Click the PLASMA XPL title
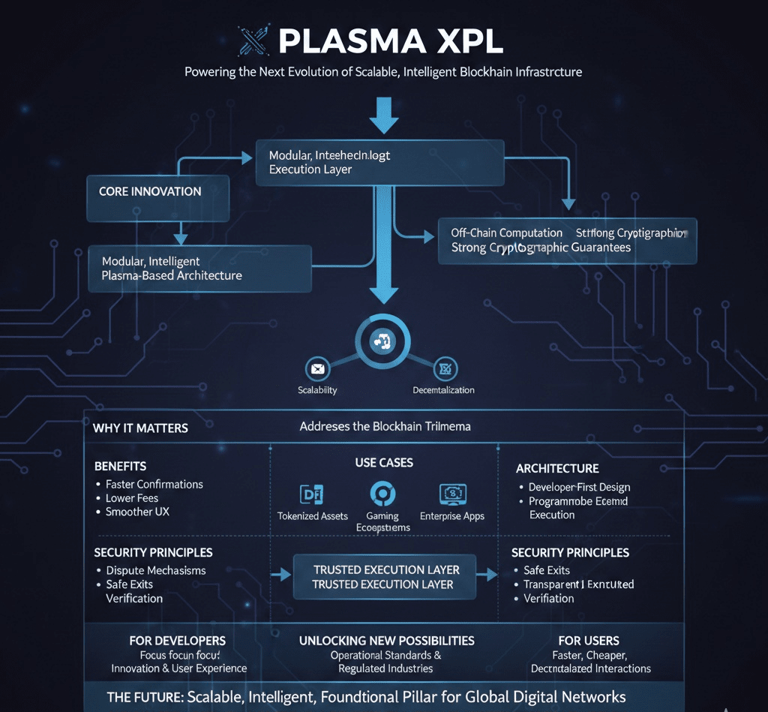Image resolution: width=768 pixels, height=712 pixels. click(391, 41)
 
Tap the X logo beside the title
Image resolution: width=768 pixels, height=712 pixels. click(253, 41)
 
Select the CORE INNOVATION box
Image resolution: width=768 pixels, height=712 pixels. click(157, 198)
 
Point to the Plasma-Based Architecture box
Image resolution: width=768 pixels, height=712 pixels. click(199, 269)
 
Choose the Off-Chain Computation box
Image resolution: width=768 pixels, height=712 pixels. click(567, 241)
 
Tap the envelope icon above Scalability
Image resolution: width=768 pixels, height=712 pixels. click(318, 369)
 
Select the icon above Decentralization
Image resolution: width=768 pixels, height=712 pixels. click(445, 369)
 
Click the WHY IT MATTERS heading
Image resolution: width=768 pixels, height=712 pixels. click(140, 428)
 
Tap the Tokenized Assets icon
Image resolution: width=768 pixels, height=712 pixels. click(312, 494)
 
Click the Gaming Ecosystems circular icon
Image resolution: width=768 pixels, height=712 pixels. click(382, 494)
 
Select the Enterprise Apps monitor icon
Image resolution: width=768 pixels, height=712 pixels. click(452, 494)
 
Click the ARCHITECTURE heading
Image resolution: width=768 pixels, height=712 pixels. click(557, 468)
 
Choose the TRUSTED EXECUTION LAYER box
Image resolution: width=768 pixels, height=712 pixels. click(385, 576)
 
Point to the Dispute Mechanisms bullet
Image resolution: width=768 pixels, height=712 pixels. click(156, 570)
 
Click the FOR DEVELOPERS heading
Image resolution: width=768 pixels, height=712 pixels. click(178, 641)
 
